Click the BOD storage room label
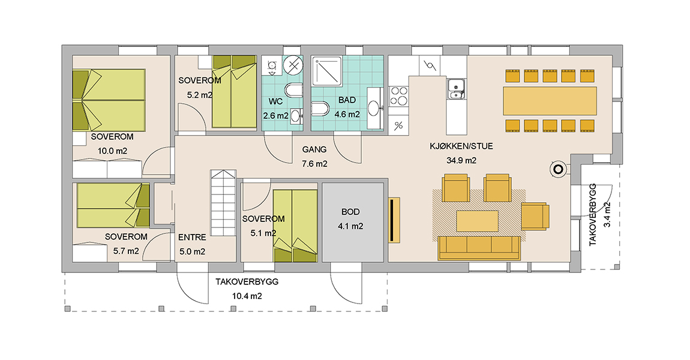[350, 212]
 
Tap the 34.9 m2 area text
[461, 161]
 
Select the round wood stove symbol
[559, 169]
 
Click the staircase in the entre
[224, 203]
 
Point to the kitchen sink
[457, 88]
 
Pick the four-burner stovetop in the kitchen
[398, 96]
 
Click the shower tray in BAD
[326, 70]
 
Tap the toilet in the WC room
[293, 91]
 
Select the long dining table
[550, 100]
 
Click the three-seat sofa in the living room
[479, 248]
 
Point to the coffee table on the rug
[477, 221]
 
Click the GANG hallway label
[314, 149]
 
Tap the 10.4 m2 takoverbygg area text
[247, 296]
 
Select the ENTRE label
[193, 237]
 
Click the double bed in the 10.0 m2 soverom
[109, 100]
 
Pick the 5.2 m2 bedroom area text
[200, 95]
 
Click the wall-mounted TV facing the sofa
[394, 220]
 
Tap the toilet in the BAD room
[320, 108]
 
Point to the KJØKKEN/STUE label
[461, 146]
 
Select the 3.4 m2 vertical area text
[607, 214]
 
